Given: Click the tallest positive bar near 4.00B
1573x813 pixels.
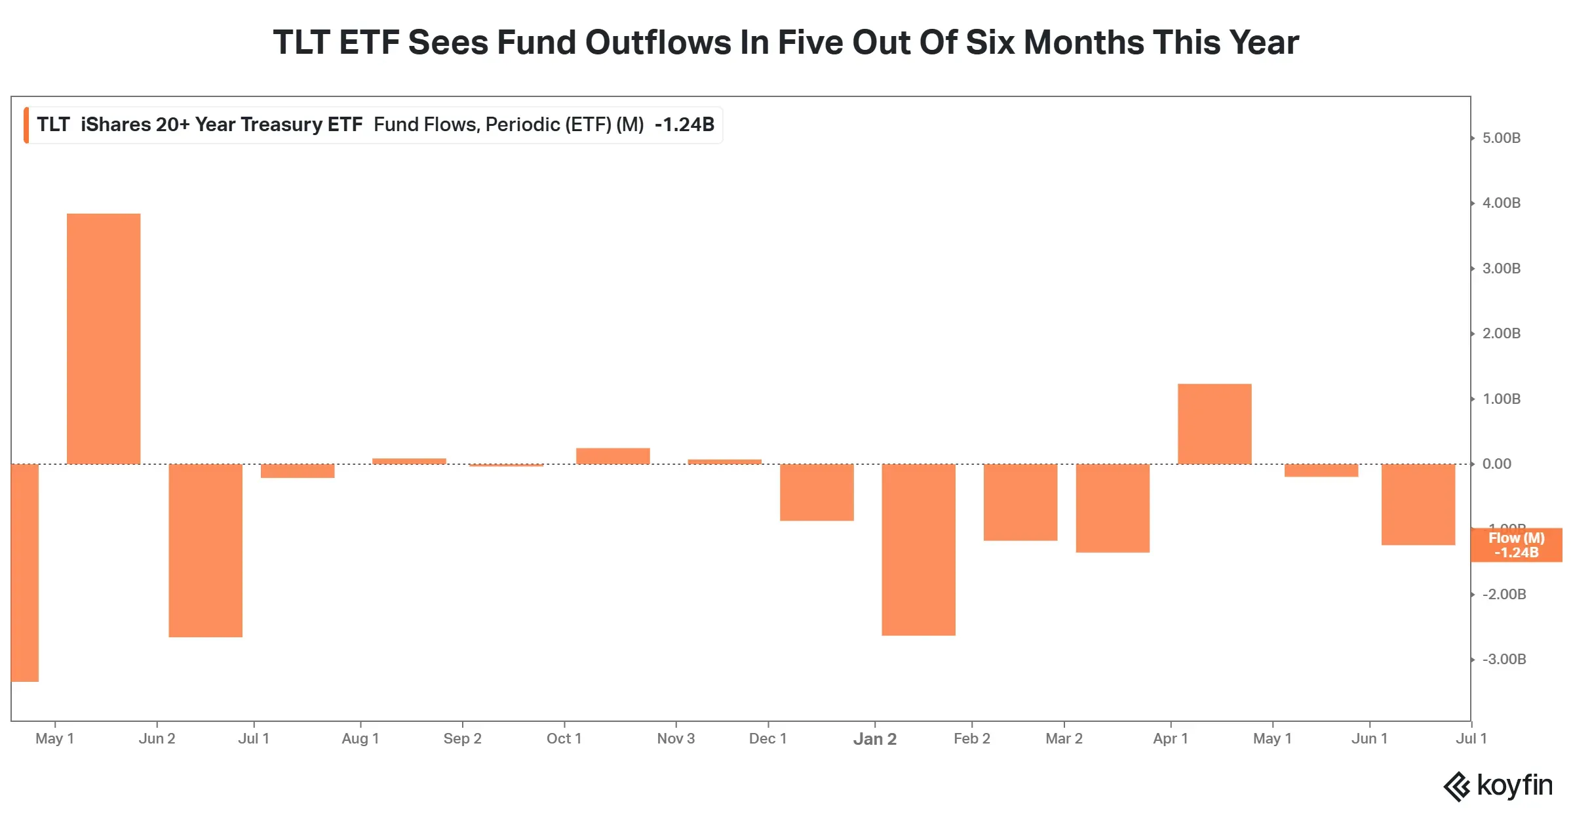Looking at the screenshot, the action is pyautogui.click(x=104, y=338).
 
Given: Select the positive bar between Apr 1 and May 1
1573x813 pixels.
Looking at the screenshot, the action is pyautogui.click(x=1214, y=424).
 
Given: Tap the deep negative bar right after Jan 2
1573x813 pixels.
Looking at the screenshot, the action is pyautogui.click(x=918, y=549).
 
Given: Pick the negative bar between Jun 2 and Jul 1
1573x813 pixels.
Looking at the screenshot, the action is pyautogui.click(x=205, y=550).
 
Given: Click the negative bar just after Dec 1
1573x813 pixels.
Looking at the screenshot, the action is pyautogui.click(x=817, y=492).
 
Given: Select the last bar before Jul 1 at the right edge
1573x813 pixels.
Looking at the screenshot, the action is pyautogui.click(x=1418, y=504).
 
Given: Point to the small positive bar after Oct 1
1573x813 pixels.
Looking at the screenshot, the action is pyautogui.click(x=613, y=456).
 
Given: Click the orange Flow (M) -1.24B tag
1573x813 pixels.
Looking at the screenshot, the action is pyautogui.click(x=1516, y=545).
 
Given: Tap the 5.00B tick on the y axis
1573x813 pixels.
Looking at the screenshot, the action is pyautogui.click(x=1501, y=138).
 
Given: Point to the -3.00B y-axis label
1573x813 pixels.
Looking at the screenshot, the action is pyautogui.click(x=1504, y=659).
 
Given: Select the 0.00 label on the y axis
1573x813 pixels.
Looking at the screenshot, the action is pyautogui.click(x=1497, y=464).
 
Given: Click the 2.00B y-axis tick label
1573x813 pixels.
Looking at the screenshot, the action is pyautogui.click(x=1501, y=333).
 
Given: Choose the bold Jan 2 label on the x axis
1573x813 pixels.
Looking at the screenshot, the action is pyautogui.click(x=875, y=739).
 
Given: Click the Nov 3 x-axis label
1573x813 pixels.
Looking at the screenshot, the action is pyautogui.click(x=676, y=738).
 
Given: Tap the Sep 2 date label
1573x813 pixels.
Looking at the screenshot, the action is pyautogui.click(x=462, y=738).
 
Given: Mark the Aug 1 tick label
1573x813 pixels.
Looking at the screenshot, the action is pyautogui.click(x=360, y=738).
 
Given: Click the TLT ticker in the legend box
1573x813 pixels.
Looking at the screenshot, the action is pyautogui.click(x=53, y=125).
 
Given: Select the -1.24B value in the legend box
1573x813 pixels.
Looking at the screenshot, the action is pyautogui.click(x=684, y=125).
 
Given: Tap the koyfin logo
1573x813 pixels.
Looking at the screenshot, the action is pyautogui.click(x=1498, y=785).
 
